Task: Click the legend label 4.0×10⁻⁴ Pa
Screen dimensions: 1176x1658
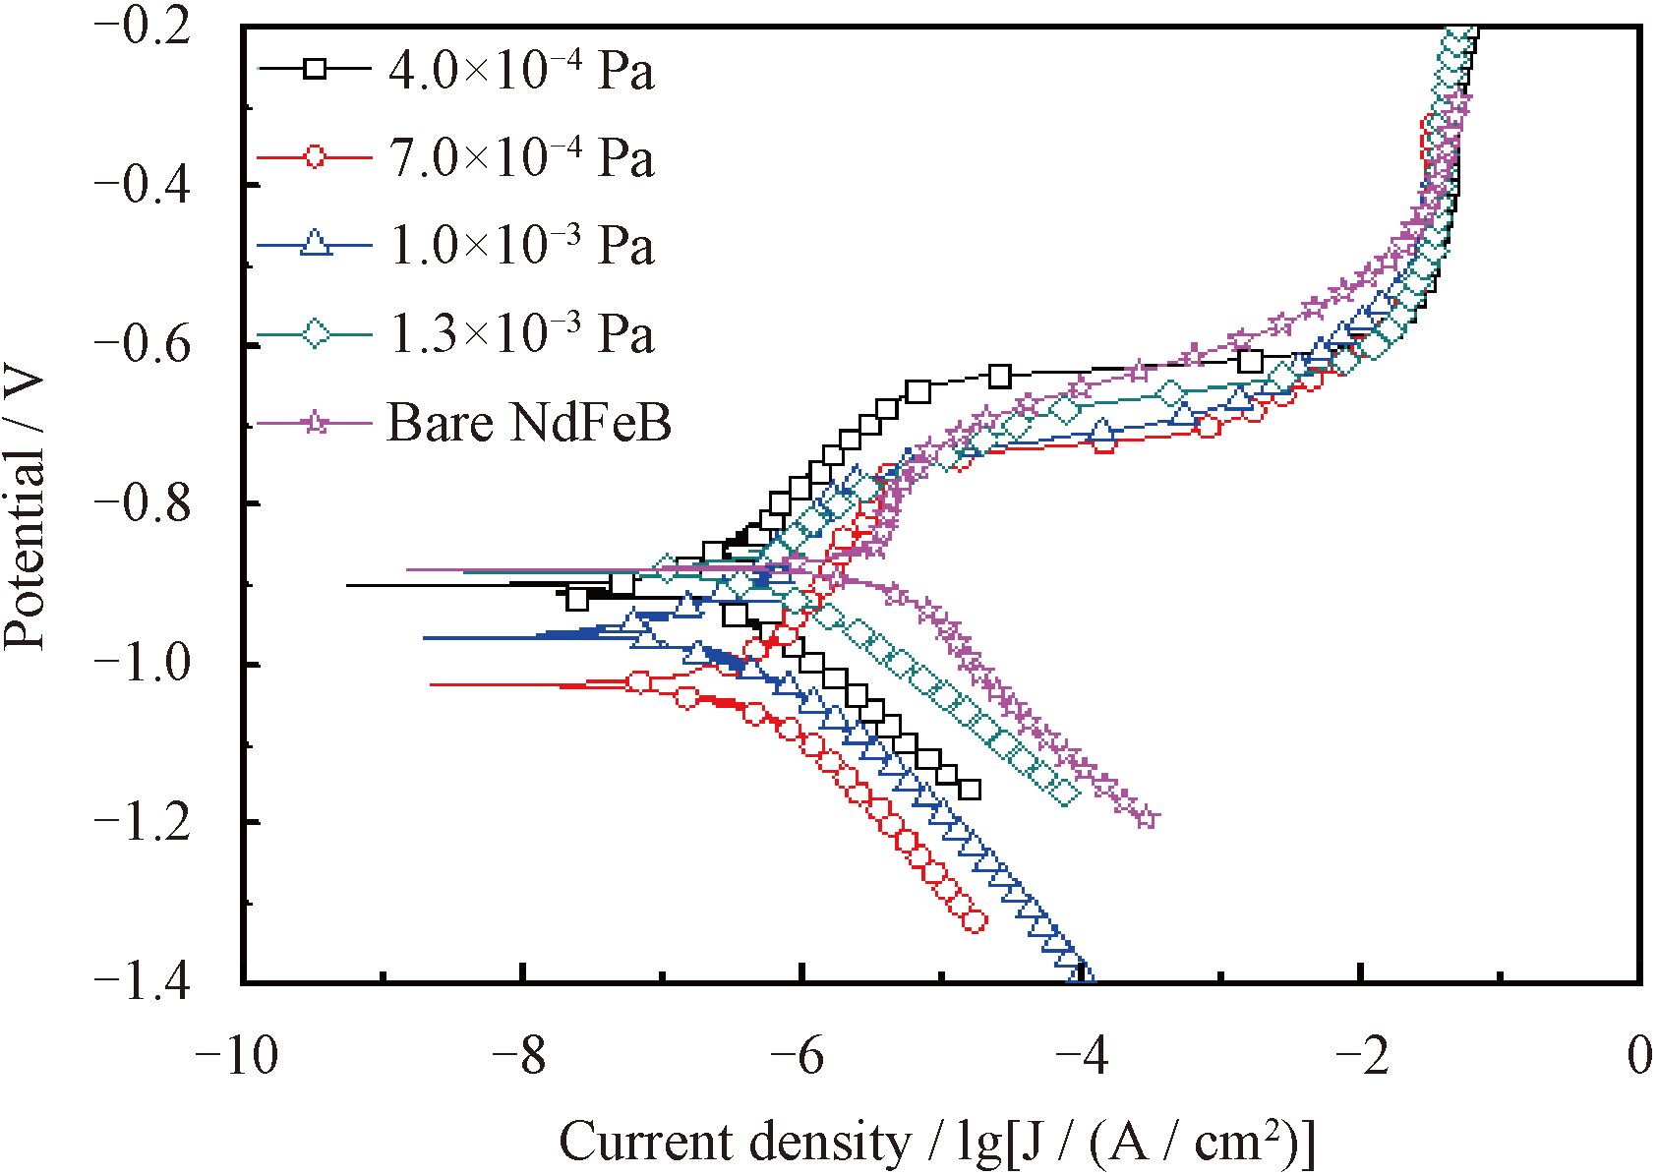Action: click(521, 71)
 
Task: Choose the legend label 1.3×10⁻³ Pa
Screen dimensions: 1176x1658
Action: click(521, 334)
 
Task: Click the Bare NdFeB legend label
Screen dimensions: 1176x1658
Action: click(529, 424)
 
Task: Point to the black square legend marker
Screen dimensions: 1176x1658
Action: click(315, 69)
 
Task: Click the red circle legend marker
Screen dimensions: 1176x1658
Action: click(315, 156)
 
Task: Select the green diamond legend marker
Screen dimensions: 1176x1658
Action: click(315, 334)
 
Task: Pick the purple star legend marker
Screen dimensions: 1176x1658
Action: click(315, 423)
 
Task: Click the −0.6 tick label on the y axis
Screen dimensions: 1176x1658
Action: click(156, 345)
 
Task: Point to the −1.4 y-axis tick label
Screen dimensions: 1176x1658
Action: click(156, 981)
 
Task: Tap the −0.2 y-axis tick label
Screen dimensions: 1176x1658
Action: click(156, 27)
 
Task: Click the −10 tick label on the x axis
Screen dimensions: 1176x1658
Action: click(236, 1058)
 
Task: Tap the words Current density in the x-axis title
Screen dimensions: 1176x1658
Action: click(734, 1143)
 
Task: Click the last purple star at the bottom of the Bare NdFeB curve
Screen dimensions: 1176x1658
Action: click(1146, 816)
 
